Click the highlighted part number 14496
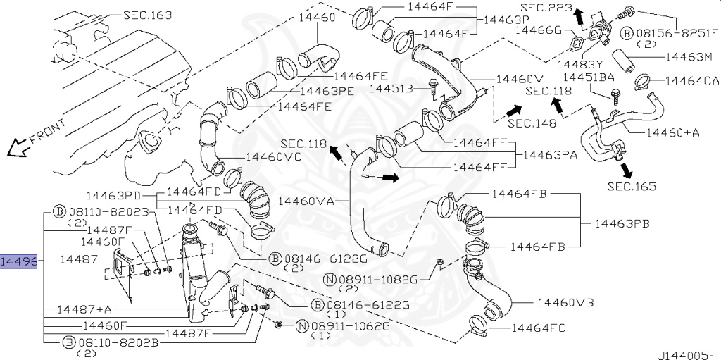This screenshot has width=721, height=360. point(18,261)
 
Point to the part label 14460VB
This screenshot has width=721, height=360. point(565,303)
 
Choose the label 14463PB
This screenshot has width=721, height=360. point(621,224)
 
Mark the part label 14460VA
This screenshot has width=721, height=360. point(306,201)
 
